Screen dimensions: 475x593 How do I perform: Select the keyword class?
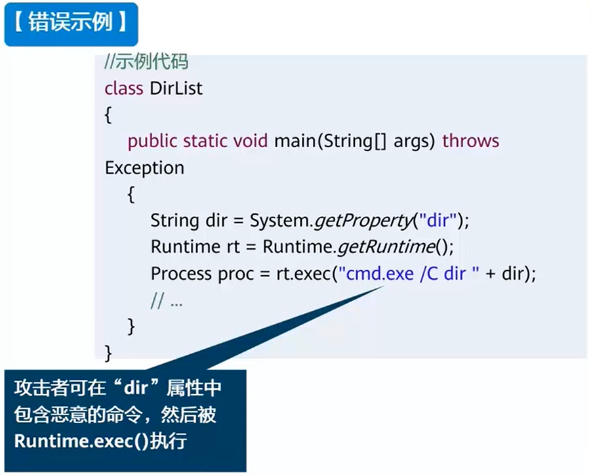tap(123, 88)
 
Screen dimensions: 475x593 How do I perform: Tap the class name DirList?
tap(176, 88)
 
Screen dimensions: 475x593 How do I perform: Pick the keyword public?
tap(152, 141)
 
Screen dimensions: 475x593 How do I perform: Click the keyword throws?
tap(470, 141)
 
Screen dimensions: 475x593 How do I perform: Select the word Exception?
tap(144, 168)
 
